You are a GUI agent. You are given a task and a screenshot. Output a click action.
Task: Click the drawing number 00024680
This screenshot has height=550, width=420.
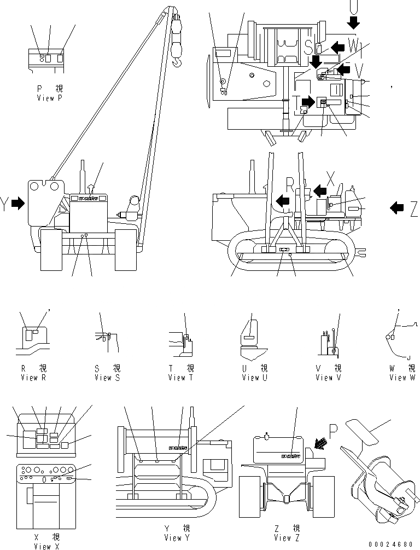click(x=392, y=544)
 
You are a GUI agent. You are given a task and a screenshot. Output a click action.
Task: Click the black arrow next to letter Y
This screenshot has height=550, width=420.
click(x=18, y=204)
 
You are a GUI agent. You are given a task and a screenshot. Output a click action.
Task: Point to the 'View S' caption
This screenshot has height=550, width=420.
click(x=107, y=378)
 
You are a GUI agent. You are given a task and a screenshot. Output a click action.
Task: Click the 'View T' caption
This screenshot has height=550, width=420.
click(x=180, y=378)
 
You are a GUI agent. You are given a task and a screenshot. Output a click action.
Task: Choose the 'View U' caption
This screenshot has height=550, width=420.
click(x=254, y=378)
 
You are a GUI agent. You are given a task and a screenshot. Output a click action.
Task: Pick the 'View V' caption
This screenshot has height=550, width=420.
click(x=328, y=378)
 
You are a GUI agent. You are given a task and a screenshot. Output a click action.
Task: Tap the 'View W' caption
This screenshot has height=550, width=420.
click(x=402, y=378)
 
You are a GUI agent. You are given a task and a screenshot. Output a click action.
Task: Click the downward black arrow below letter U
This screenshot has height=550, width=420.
click(x=354, y=22)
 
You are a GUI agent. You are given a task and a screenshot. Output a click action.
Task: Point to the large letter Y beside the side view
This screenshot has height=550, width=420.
click(x=4, y=204)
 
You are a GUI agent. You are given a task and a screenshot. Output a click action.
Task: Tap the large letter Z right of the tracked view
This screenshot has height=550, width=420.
click(x=413, y=208)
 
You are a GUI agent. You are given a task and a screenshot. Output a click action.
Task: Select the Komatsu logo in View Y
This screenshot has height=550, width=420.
click(x=178, y=449)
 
